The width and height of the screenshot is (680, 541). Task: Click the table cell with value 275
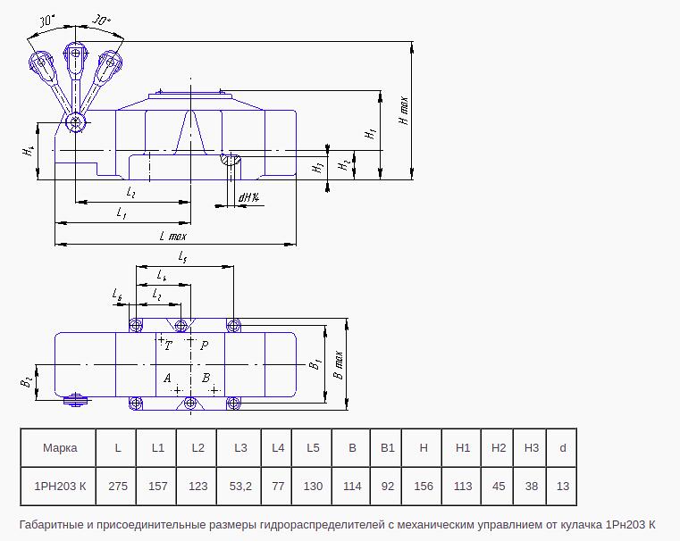click(118, 486)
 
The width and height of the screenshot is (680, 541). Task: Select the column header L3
click(240, 448)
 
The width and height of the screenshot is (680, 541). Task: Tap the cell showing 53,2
click(240, 486)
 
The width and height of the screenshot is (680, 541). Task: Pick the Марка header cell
click(60, 448)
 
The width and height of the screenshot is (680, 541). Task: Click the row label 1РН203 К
click(60, 486)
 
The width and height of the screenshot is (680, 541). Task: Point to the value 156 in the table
click(424, 486)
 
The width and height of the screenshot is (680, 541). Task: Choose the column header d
click(562, 448)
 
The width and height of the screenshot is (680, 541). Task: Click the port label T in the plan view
click(168, 345)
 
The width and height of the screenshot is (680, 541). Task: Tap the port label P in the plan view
click(205, 345)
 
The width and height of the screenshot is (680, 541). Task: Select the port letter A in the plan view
click(167, 379)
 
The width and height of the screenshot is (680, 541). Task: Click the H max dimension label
click(403, 111)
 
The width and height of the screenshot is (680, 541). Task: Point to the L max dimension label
click(173, 236)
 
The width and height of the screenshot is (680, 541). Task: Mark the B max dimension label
click(339, 365)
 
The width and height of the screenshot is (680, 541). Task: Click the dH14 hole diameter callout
click(249, 198)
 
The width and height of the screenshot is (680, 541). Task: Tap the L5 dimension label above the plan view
click(182, 257)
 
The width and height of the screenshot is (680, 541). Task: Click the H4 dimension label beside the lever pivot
click(29, 151)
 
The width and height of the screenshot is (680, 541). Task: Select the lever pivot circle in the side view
click(76, 122)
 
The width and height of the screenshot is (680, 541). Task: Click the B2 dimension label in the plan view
click(26, 382)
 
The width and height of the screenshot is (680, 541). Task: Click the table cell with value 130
click(313, 486)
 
